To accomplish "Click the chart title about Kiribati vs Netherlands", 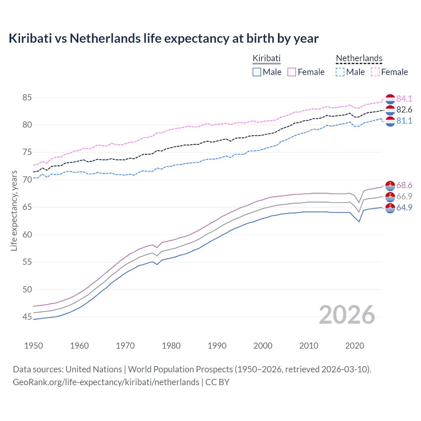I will click(163, 38).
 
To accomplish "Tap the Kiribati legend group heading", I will click(266, 58).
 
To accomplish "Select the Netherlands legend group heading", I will click(359, 58).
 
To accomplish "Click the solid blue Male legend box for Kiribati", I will click(257, 72).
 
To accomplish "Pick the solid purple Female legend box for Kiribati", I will click(292, 72).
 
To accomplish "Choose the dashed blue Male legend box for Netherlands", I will click(340, 72).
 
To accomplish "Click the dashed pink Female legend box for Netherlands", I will click(375, 72).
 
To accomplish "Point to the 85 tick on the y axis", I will click(27, 98).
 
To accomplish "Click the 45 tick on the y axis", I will click(27, 317).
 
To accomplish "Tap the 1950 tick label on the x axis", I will click(34, 346).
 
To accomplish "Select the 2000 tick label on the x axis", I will click(263, 346).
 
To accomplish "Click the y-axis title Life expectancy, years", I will click(14, 210).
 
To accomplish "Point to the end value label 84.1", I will click(404, 99).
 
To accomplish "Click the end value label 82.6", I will click(404, 110).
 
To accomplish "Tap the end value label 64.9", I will click(404, 208).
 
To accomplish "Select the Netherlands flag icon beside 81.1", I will click(390, 121).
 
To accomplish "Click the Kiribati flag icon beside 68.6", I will click(390, 186).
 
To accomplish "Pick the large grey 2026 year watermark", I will click(347, 315).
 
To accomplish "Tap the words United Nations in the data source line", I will click(94, 369).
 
